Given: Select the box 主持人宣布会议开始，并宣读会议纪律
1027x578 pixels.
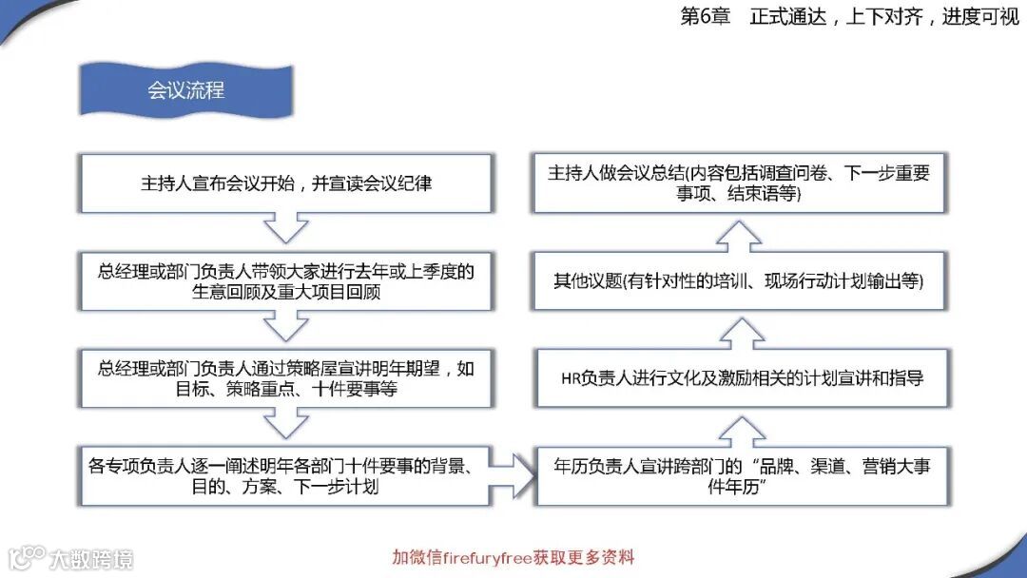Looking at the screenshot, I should pos(285,183).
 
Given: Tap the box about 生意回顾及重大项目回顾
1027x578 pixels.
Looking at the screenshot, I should pos(285,281).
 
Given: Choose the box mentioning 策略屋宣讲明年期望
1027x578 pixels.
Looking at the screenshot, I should pos(285,378).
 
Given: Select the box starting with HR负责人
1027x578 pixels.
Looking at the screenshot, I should pos(743,378).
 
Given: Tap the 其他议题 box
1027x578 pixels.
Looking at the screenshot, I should pos(743,281).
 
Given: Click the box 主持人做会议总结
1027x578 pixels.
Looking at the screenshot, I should pos(743,183).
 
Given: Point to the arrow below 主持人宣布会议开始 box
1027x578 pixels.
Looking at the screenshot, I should pos(285,229).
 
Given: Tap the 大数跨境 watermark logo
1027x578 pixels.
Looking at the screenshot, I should pos(71,557).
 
